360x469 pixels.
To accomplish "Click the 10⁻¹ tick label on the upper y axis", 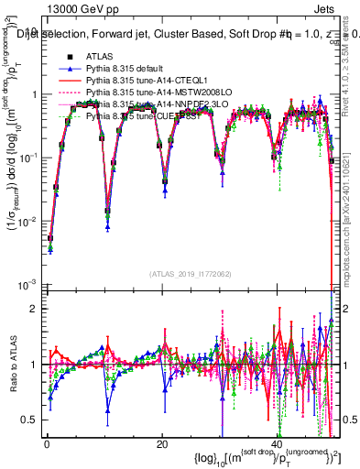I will coord(30,158).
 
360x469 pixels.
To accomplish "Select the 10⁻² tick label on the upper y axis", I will coord(30,221).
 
